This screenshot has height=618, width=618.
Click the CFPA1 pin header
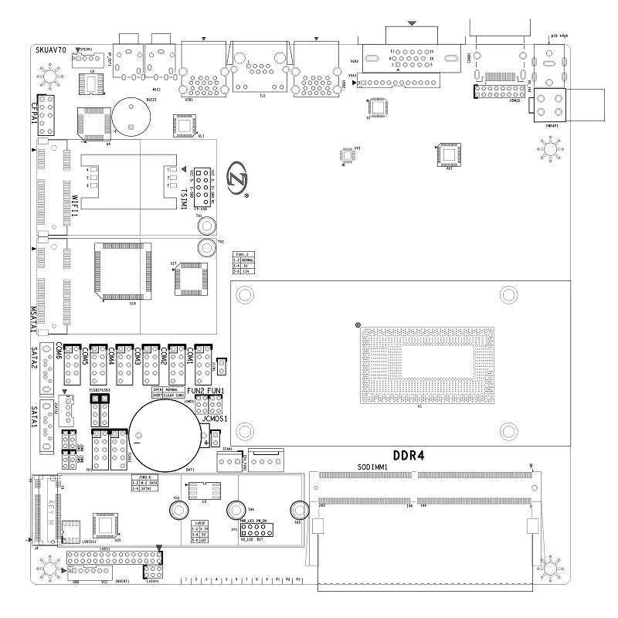[47, 112]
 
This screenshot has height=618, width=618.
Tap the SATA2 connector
[47, 367]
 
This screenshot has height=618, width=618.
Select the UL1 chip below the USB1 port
[185, 125]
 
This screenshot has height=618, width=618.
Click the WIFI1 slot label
[74, 207]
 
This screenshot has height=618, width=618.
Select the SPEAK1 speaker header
[85, 59]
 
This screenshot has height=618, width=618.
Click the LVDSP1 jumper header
[153, 572]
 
